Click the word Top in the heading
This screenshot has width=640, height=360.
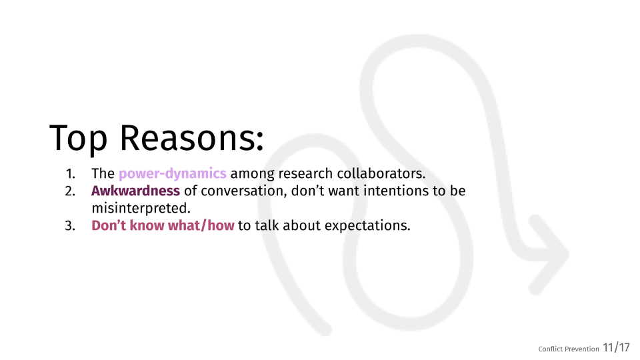coord(79,138)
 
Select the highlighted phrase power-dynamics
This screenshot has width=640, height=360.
coord(172,174)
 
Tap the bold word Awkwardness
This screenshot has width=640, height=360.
coord(135,191)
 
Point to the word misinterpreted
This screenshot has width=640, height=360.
coord(141,208)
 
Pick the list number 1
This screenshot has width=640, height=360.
coord(70,174)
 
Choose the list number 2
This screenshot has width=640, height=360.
coord(70,191)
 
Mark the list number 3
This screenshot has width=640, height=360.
coord(70,226)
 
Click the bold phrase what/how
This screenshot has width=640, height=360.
coord(201,225)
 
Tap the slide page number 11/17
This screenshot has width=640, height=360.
coord(616,348)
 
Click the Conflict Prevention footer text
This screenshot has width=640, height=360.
coord(569,349)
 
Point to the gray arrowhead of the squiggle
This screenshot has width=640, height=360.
coord(549,254)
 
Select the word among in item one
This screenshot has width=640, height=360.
coord(252,174)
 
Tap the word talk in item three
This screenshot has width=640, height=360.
coord(267,225)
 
